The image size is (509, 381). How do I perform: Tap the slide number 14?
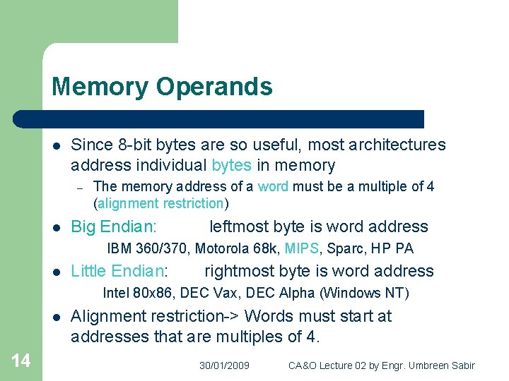[21, 361]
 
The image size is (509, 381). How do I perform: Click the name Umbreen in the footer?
[426, 365]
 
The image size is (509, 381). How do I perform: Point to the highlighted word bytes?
[231, 166]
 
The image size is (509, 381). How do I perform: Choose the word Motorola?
[223, 248]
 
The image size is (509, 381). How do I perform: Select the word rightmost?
[238, 271]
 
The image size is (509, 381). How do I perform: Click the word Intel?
[116, 293]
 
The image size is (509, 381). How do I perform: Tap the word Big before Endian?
[83, 226]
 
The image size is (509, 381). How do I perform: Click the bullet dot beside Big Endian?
[56, 227]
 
